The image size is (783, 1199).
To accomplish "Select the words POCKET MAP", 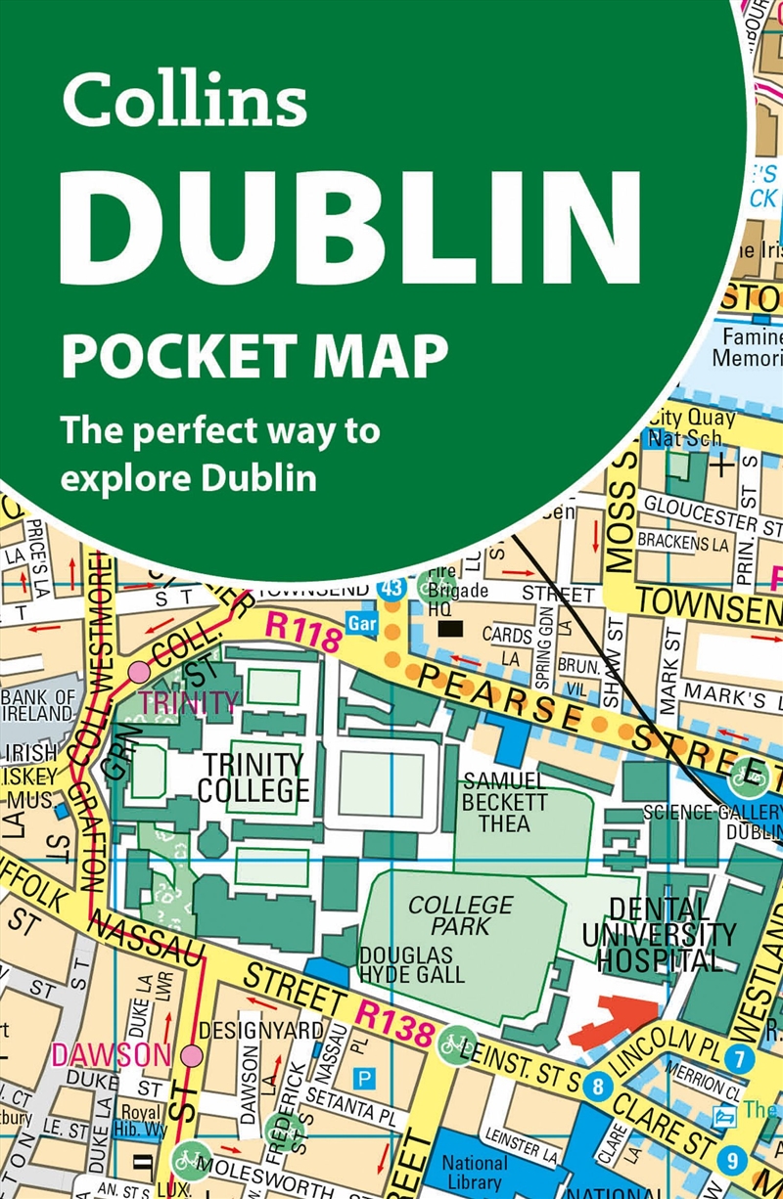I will pyautogui.click(x=254, y=356).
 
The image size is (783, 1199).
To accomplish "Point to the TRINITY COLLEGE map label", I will pyautogui.click(x=253, y=777).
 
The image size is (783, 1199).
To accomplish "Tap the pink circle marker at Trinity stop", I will pyautogui.click(x=140, y=672).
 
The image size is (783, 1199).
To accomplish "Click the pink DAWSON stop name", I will pyautogui.click(x=97, y=1055).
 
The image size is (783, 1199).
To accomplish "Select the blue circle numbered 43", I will pyautogui.click(x=390, y=589).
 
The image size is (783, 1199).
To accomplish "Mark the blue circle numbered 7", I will pyautogui.click(x=740, y=1057).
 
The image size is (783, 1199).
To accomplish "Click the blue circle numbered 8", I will pyautogui.click(x=596, y=1087).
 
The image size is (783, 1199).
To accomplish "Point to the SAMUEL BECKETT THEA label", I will pyautogui.click(x=505, y=802).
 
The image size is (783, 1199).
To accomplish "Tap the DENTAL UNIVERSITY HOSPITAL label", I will pyautogui.click(x=658, y=934).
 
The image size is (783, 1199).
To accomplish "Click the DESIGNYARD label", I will pyautogui.click(x=260, y=1030).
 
